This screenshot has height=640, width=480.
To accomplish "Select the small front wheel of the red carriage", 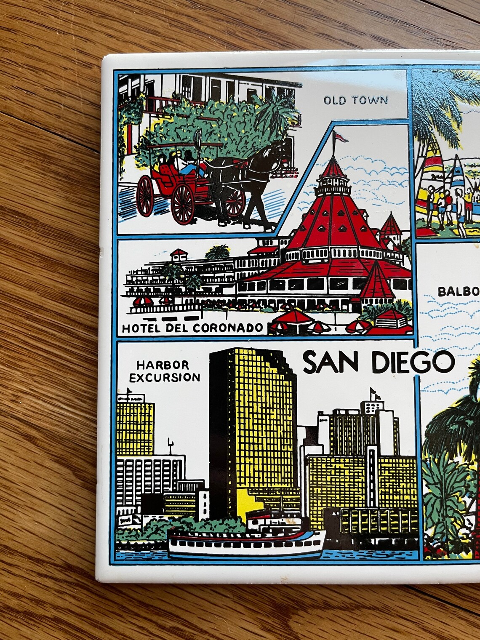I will coord(145,192).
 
